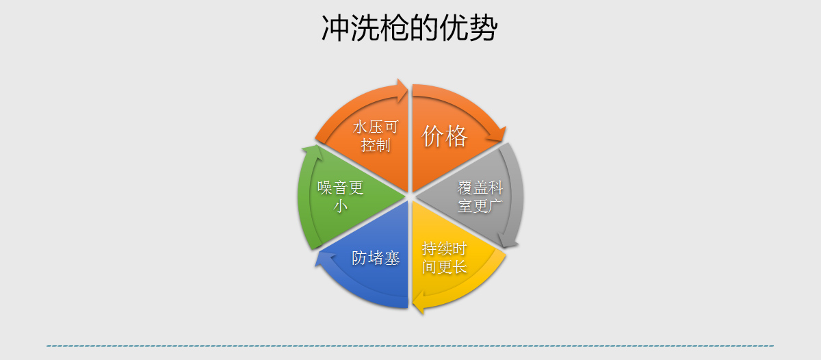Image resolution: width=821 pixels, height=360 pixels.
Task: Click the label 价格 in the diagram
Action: pyautogui.click(x=445, y=136)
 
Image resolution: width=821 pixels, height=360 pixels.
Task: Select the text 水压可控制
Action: pyautogui.click(x=376, y=136)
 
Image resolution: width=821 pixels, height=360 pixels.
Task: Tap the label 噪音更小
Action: pyautogui.click(x=341, y=196)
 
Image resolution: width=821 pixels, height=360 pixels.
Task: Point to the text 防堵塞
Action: pyautogui.click(x=376, y=258)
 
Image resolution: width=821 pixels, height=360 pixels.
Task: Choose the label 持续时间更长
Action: pyautogui.click(x=445, y=258)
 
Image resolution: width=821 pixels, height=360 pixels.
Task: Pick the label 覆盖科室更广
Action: pyautogui.click(x=480, y=196)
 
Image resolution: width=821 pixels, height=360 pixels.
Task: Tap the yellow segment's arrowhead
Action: pyautogui.click(x=419, y=303)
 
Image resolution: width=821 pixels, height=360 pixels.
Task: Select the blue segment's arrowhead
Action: pyautogui.click(x=323, y=259)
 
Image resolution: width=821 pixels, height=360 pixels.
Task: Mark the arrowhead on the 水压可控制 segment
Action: pyautogui.click(x=402, y=90)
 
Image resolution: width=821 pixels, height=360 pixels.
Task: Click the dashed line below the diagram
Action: pyautogui.click(x=410, y=346)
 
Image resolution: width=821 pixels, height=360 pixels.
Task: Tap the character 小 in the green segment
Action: pyautogui.click(x=341, y=205)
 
